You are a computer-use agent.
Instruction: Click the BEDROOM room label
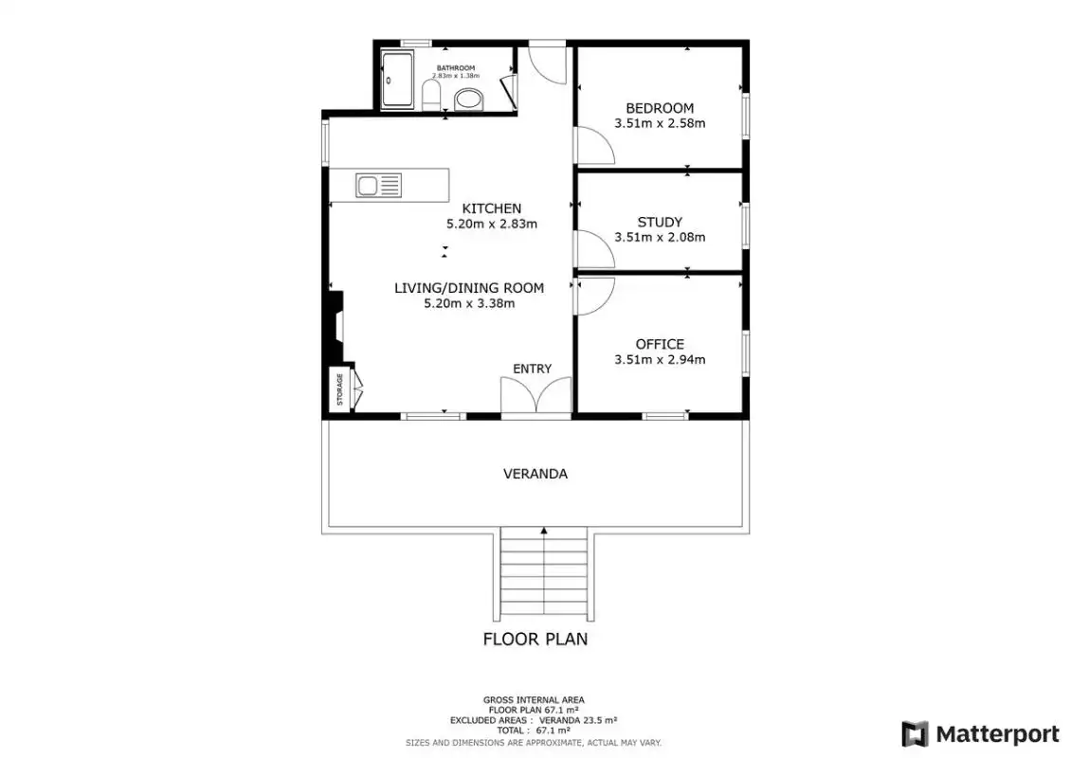[660, 108]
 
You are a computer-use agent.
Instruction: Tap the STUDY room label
[660, 222]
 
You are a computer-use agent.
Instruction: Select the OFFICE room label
[660, 344]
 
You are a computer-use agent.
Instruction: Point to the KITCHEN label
[492, 208]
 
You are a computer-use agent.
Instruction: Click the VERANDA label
[535, 473]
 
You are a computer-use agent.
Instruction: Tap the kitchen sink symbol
[378, 185]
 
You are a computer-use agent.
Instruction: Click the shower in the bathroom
[397, 80]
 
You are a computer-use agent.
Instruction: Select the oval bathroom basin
[468, 99]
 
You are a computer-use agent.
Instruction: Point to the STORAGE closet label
[339, 389]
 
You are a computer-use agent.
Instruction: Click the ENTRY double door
[536, 395]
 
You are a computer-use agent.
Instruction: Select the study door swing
[595, 248]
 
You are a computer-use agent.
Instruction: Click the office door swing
[595, 296]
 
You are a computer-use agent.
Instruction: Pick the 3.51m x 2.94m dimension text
[660, 359]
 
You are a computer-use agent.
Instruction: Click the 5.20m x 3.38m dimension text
[469, 303]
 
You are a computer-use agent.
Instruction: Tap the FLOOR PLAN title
[535, 640]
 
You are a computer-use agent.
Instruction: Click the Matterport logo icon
[916, 734]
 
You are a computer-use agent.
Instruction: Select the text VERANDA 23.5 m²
[578, 720]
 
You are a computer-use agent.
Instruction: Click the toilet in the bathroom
[431, 96]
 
